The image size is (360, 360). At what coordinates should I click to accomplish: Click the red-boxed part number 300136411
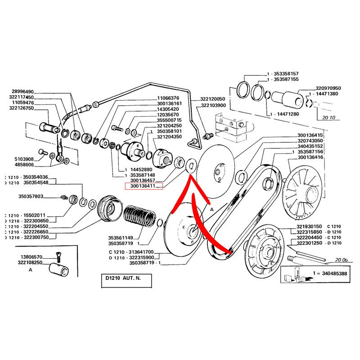(144, 186)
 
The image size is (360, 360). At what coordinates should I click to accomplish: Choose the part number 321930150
(310, 226)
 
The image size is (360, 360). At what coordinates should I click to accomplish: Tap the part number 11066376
(168, 98)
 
